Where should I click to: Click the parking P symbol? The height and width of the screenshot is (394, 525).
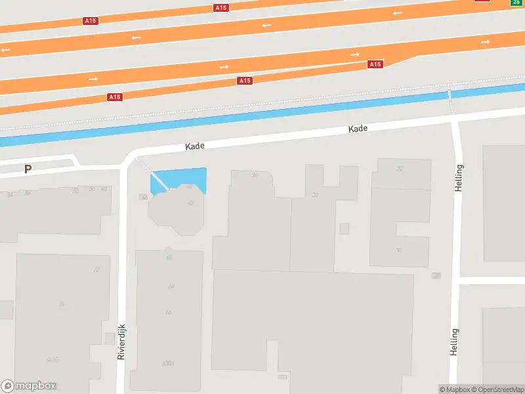coord(28,169)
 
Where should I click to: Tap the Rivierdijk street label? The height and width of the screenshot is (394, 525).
coord(121,341)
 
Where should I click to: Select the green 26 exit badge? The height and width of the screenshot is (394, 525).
coord(516,3)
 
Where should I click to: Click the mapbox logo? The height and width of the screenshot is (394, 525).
coord(29,386)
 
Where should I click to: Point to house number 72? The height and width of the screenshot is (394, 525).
coord(96,270)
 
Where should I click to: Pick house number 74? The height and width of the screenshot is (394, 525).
coord(62,303)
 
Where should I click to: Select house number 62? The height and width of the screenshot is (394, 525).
coord(169,257)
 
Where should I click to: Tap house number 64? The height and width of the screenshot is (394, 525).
coord(171,286)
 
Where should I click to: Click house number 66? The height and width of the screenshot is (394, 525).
coord(169,312)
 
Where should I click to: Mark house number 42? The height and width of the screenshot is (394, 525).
coord(190,202)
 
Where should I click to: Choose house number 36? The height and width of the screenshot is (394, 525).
coord(254,175)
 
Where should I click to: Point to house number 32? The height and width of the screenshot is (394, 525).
coord(316,194)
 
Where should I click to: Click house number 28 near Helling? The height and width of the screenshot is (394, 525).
coord(436,275)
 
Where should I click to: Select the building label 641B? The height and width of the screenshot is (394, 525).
coord(52,360)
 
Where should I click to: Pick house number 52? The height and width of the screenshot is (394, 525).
coord(76,190)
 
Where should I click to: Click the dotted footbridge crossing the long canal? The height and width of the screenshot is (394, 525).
coord(451,100)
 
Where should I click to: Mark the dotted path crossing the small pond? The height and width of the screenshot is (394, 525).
coord(152,174)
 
